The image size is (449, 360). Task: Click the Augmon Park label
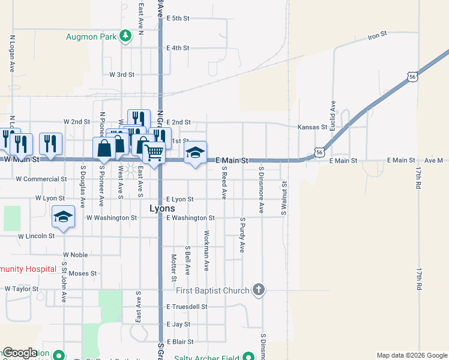tap(92, 36)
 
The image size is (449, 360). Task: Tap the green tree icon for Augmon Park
tap(125, 36)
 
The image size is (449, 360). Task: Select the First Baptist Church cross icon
tap(258, 290)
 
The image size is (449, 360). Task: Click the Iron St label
tap(378, 36)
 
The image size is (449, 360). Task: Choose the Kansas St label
tap(311, 127)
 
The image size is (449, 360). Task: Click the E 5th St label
tap(178, 19)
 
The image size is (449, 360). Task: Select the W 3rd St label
tap(122, 75)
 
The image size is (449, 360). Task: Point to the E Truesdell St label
tap(187, 307)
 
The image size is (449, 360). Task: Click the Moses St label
tap(83, 274)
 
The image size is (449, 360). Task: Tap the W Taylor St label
tap(21, 289)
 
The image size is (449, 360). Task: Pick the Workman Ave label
tap(206, 250)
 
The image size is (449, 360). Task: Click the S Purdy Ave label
tap(243, 235)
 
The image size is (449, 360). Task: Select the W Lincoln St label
tap(36, 236)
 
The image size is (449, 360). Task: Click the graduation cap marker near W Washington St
tap(63, 217)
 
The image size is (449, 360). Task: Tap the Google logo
tap(19, 353)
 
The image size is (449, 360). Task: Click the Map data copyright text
tap(412, 355)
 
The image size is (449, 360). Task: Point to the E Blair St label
tap(179, 341)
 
